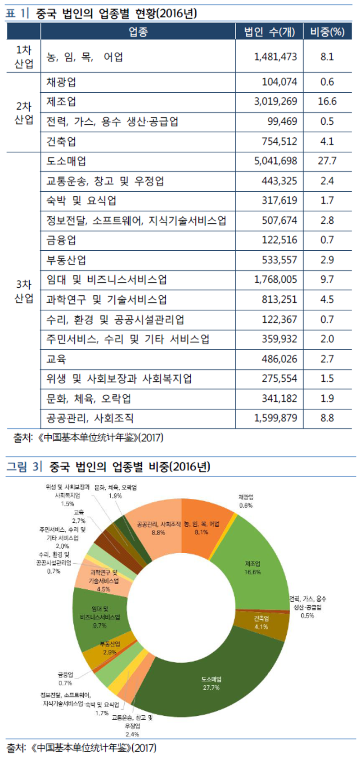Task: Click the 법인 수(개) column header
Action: (269, 32)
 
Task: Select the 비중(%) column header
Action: (327, 32)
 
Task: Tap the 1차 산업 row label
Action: (24, 57)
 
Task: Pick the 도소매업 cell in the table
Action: (66, 161)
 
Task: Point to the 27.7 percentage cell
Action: (327, 161)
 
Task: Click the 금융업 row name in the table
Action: (61, 240)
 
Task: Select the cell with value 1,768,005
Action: (275, 280)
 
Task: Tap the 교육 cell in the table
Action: (56, 359)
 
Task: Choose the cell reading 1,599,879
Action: (275, 418)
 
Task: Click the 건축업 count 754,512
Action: (279, 141)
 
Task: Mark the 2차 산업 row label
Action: (24, 113)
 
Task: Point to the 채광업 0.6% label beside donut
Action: (246, 501)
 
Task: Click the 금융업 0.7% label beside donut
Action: (65, 679)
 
